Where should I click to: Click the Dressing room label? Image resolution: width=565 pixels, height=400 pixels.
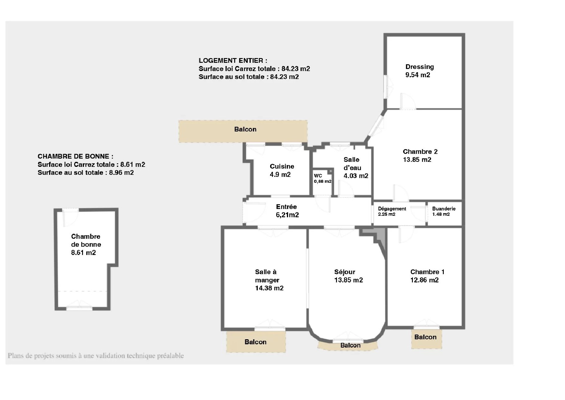[419, 67]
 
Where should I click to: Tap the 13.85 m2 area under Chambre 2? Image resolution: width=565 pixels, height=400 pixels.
[417, 160]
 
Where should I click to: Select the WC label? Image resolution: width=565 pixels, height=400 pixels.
[318, 176]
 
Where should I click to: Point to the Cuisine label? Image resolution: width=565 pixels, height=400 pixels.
[282, 166]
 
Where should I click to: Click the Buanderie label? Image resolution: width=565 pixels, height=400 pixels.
[444, 209]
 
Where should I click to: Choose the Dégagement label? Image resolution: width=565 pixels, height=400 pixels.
[392, 209]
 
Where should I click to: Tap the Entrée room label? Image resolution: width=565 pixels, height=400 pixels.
[286, 207]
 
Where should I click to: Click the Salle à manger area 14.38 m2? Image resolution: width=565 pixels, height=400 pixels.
[269, 288]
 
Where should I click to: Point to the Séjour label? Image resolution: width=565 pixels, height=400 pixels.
[345, 272]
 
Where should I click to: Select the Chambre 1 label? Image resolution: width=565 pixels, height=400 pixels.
[427, 272]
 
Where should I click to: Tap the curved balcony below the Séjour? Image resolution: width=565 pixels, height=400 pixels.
[348, 346]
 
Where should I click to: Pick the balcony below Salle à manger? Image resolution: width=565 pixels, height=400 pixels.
[256, 342]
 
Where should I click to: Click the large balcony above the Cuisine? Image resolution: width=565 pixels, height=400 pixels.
[243, 131]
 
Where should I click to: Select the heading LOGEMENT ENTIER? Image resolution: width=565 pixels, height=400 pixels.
[233, 61]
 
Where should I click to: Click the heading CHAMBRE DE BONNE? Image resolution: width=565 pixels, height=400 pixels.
[75, 157]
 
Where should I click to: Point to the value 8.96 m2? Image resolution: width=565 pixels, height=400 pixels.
[121, 173]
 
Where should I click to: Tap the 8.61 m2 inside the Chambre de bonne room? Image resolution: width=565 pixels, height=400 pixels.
[83, 253]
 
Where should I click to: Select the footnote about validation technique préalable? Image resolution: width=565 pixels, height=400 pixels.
[96, 356]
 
